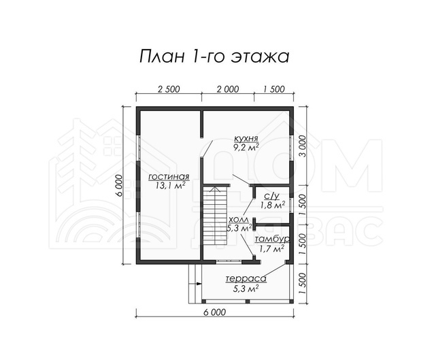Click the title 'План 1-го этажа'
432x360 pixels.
pos(214,56)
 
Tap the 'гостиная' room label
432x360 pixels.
pos(169,177)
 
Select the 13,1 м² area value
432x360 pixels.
pos(169,186)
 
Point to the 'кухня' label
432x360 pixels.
pos(246,138)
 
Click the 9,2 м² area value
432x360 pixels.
pos(246,147)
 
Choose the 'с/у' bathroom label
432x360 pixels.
pos(272,196)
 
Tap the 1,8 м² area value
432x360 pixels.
pos(272,205)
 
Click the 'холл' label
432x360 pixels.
pos(239,219)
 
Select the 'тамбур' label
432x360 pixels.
pos(272,240)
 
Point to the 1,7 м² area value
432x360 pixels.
pos(271,249)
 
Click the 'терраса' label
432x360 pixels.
pos(246,279)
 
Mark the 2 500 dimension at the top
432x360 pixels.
pos(169,89)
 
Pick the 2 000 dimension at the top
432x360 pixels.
pos(228,89)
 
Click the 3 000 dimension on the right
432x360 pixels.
pos(303,146)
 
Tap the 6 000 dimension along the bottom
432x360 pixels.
pos(214,312)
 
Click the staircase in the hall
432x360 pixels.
pos(215,216)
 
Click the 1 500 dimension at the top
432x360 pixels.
pos(274,89)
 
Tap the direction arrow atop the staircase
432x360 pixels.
pos(215,189)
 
